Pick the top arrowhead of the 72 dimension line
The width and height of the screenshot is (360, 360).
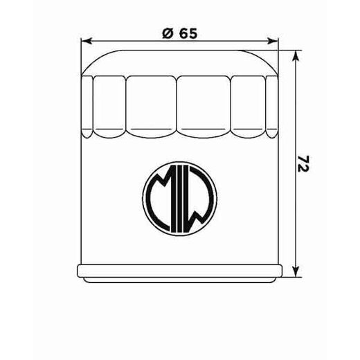click(x=296, y=54)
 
